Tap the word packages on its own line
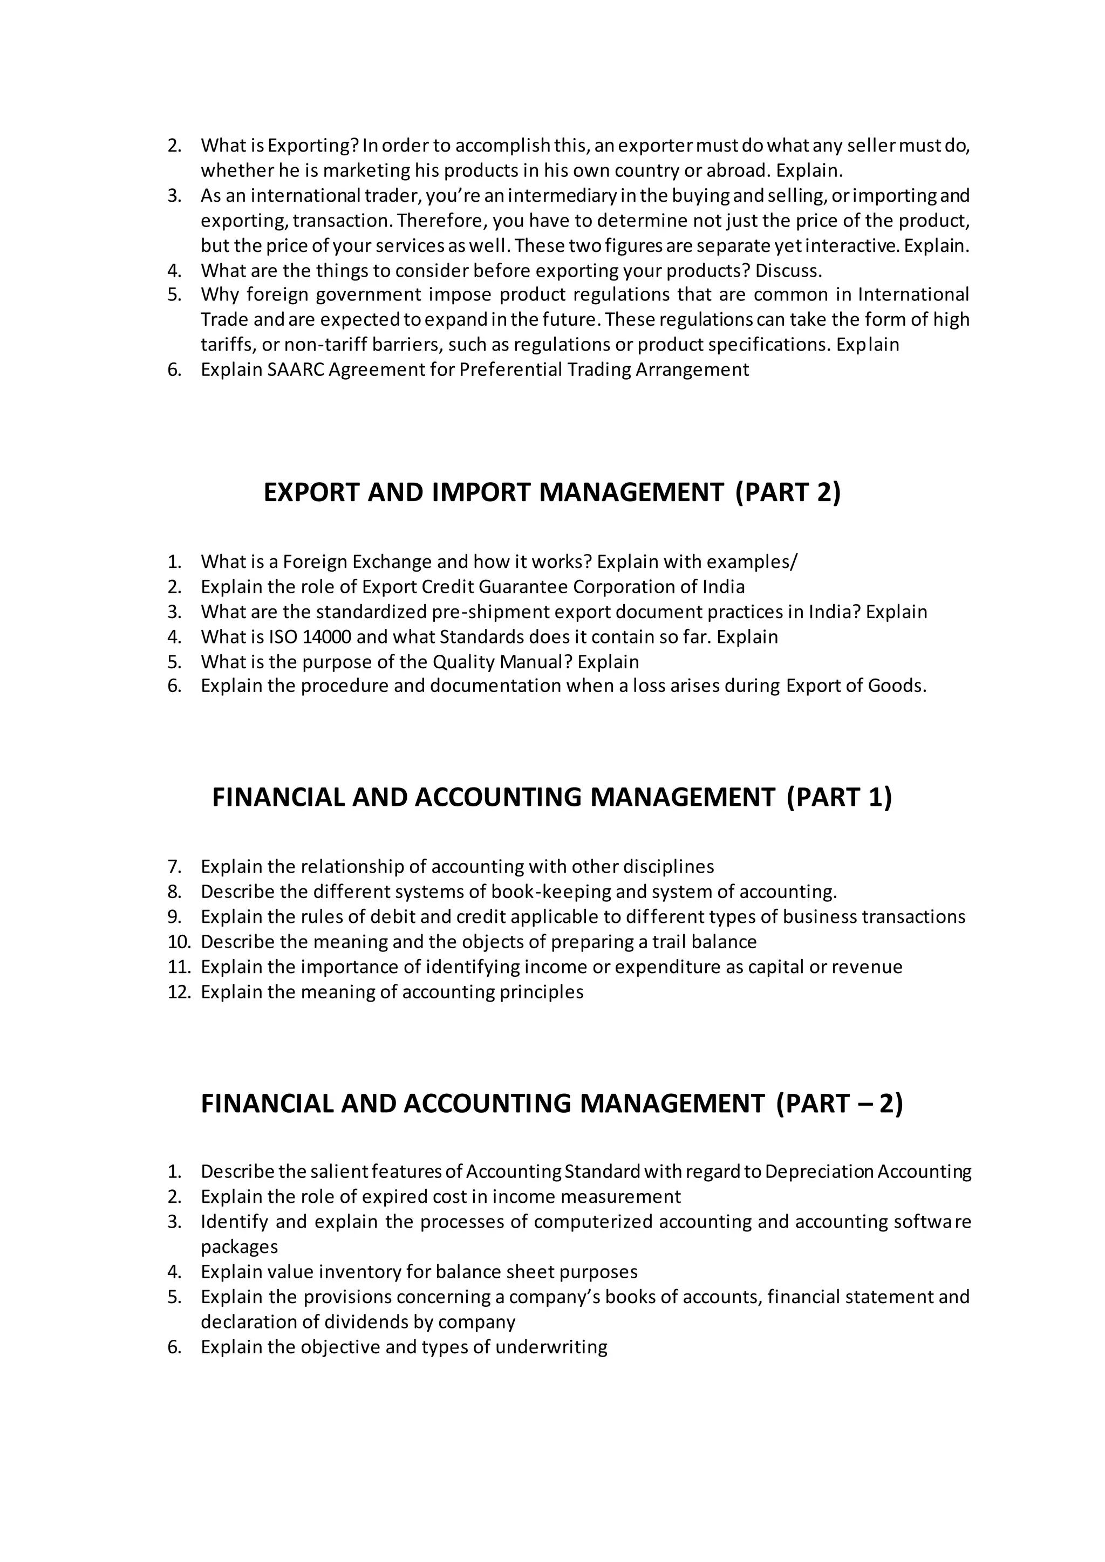tap(240, 1247)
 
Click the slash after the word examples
tap(795, 562)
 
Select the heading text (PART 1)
tap(839, 797)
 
